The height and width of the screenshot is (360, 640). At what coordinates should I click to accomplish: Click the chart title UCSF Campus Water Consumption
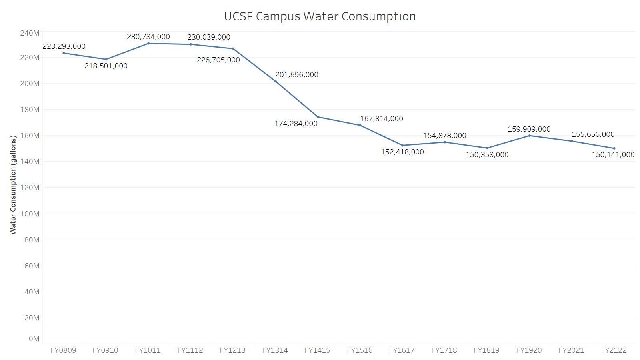click(320, 16)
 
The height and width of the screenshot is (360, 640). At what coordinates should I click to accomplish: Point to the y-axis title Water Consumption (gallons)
click(13, 185)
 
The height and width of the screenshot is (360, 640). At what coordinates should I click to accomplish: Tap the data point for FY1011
click(148, 43)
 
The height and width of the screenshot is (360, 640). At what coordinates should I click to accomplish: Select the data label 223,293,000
click(64, 46)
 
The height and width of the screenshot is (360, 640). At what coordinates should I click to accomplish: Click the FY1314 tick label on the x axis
click(275, 350)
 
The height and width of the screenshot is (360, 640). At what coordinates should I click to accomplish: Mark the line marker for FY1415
click(318, 117)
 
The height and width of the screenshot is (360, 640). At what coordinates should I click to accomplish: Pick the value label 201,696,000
click(296, 75)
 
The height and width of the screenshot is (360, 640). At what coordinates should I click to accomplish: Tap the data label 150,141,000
click(613, 155)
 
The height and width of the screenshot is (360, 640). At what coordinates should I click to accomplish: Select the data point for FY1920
click(529, 136)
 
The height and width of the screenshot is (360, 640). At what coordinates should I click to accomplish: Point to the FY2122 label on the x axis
click(614, 350)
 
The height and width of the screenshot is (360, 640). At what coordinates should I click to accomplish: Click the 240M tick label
click(29, 33)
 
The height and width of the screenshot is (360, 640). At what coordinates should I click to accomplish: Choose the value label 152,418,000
click(402, 152)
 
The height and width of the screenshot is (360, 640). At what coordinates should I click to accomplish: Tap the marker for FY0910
click(106, 59)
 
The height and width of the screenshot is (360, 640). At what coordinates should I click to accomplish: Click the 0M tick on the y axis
click(34, 339)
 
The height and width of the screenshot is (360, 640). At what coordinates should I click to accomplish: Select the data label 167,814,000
click(381, 119)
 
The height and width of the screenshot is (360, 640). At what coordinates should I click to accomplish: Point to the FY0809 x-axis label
click(63, 350)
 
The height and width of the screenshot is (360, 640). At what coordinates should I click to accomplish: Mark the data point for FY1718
click(444, 142)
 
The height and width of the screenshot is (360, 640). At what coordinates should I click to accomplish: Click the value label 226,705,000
click(218, 60)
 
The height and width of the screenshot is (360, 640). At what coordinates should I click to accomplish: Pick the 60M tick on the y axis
click(31, 266)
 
